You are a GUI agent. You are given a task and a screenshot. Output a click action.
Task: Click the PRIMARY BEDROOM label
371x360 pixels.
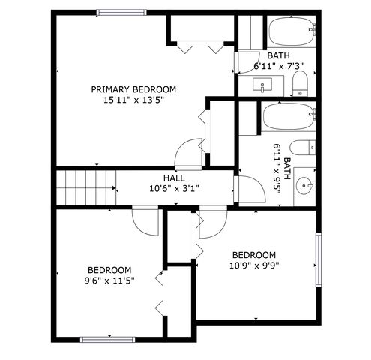point(133,89)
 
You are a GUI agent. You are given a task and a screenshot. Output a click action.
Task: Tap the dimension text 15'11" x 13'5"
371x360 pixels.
point(133,100)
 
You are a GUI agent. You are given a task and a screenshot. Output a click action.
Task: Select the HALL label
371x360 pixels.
point(174,178)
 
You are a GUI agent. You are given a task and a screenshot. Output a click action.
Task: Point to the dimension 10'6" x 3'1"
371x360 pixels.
point(174,189)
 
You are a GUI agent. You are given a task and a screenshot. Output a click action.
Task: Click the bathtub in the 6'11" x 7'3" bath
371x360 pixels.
point(291,32)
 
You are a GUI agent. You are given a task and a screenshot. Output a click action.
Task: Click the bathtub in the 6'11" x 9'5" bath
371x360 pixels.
point(288,117)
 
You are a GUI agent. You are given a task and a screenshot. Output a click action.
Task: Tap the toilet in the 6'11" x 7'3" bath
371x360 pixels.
point(300,83)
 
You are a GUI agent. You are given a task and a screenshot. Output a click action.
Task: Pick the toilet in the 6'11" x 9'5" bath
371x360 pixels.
point(303,148)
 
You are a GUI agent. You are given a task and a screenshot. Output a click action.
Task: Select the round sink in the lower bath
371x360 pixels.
point(304,186)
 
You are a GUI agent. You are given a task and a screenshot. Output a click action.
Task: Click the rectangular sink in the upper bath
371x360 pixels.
point(262,85)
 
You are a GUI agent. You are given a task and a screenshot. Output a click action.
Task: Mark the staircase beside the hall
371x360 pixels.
point(86,187)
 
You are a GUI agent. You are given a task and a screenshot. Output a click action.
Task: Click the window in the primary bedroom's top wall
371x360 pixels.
point(121,13)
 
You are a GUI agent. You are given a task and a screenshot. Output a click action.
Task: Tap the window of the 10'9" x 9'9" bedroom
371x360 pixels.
point(319,260)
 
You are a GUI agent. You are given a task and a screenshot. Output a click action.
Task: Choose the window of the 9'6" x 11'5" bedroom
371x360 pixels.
point(107,339)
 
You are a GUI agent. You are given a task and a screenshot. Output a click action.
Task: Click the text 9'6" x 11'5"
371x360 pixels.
point(109,280)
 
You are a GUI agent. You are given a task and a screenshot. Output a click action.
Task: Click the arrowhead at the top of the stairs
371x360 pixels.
point(114,188)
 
